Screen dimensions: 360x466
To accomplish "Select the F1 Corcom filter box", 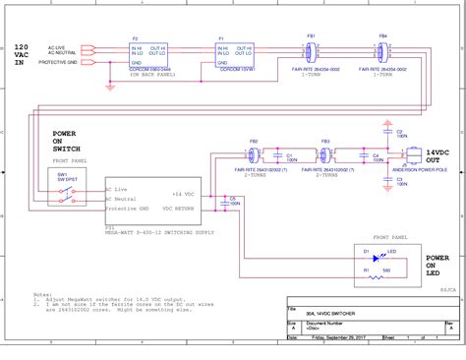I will tap(234, 53).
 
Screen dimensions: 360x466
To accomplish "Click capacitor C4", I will tap(375, 155).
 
